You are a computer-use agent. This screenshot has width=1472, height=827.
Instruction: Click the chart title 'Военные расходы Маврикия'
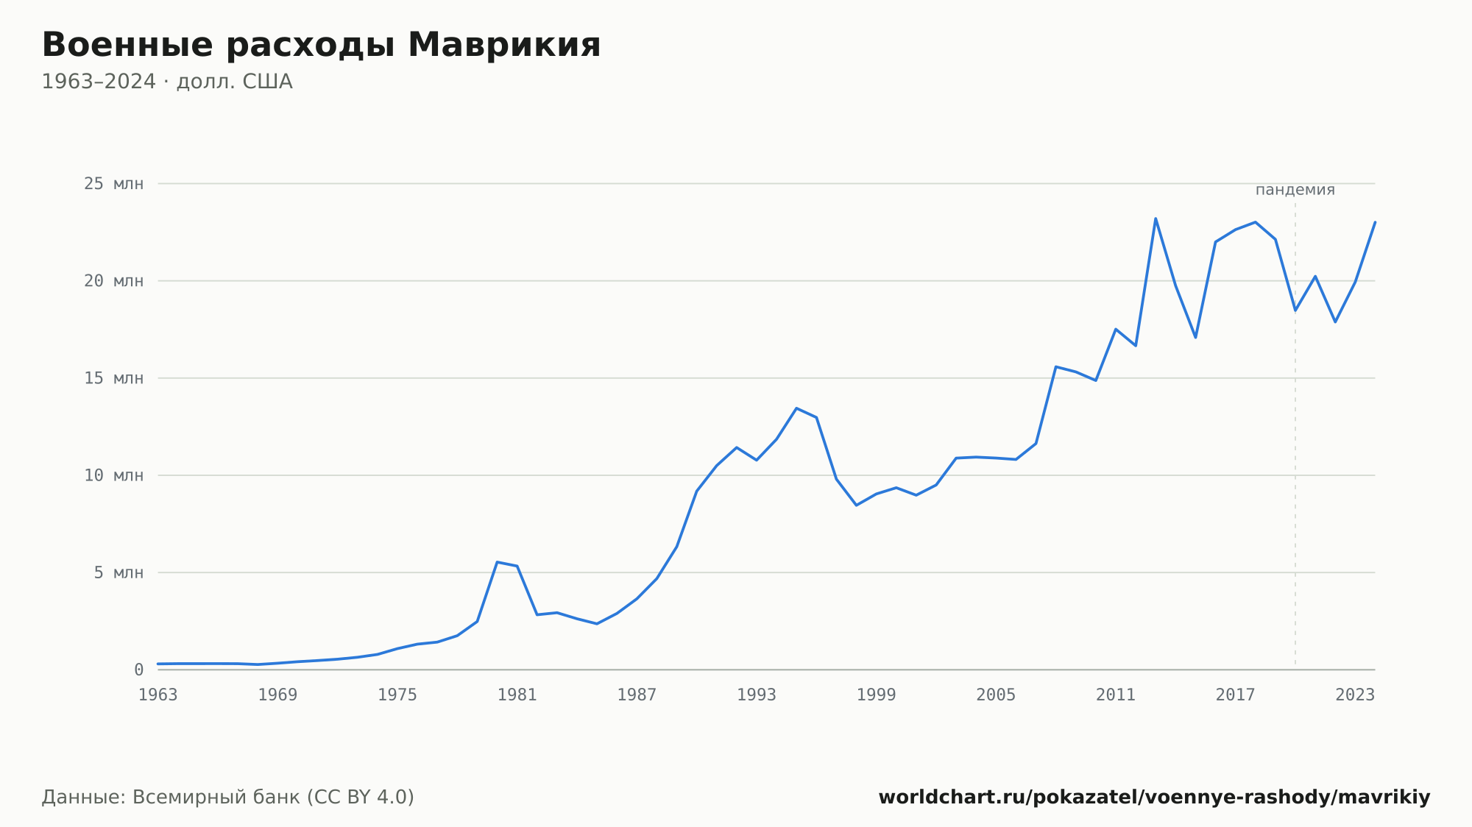[x=321, y=45]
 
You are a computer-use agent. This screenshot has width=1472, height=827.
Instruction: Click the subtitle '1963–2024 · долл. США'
[x=167, y=82]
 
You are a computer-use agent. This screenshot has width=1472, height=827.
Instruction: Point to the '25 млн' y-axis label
[x=113, y=184]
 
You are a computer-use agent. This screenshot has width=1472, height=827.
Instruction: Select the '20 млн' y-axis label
[x=113, y=281]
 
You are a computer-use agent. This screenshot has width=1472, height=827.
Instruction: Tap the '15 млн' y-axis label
[x=113, y=378]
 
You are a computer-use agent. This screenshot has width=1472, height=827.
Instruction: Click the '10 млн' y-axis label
[x=113, y=475]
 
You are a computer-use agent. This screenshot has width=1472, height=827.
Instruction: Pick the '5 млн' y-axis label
[x=118, y=572]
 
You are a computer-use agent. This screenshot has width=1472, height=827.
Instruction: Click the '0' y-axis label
[x=139, y=670]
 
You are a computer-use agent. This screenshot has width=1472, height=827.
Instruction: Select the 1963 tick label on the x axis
[x=158, y=695]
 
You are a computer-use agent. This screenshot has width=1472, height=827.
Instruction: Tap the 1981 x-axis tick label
[x=517, y=695]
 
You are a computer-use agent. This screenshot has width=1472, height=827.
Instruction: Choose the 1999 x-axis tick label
[x=877, y=695]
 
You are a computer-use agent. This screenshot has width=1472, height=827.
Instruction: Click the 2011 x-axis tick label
[x=1116, y=695]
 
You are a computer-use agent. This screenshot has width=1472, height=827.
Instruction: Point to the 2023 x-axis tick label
[x=1355, y=695]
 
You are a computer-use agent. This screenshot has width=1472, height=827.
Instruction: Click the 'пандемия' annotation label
[x=1295, y=190]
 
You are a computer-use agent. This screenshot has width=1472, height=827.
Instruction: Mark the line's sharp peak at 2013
[x=1156, y=219]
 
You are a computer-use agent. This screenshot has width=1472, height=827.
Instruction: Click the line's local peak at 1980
[x=498, y=562]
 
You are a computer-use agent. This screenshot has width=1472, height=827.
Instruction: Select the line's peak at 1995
[x=796, y=408]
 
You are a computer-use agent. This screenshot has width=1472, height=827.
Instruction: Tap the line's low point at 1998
[x=857, y=505]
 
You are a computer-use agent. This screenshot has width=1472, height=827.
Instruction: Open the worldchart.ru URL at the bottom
[x=1154, y=798]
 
